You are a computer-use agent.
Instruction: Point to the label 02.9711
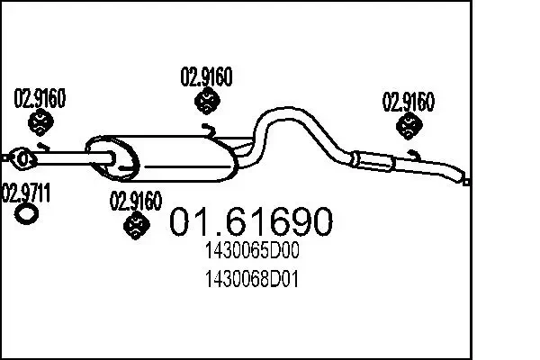click(27, 192)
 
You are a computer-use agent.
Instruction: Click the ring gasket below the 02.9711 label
click(27, 213)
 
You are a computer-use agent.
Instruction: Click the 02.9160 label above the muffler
click(207, 78)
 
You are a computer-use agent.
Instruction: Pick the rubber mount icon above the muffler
click(206, 103)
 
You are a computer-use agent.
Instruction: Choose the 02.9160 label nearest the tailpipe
click(409, 101)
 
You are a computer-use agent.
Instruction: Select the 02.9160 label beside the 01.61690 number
click(136, 200)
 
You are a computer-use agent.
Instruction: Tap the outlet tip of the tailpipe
click(467, 181)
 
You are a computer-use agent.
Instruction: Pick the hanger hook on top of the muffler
click(210, 132)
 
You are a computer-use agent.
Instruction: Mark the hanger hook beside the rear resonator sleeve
click(414, 157)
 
